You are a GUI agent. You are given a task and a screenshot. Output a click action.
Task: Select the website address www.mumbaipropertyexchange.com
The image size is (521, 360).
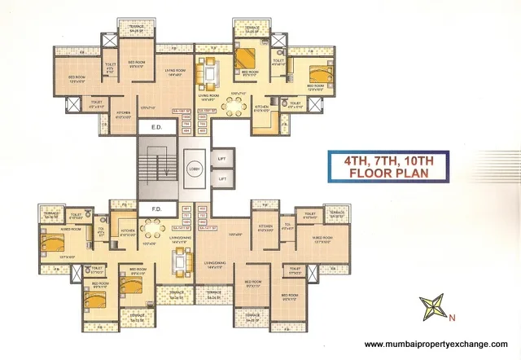click(x=435, y=344)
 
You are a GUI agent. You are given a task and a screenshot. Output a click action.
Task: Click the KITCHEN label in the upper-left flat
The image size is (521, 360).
click(x=124, y=113)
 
